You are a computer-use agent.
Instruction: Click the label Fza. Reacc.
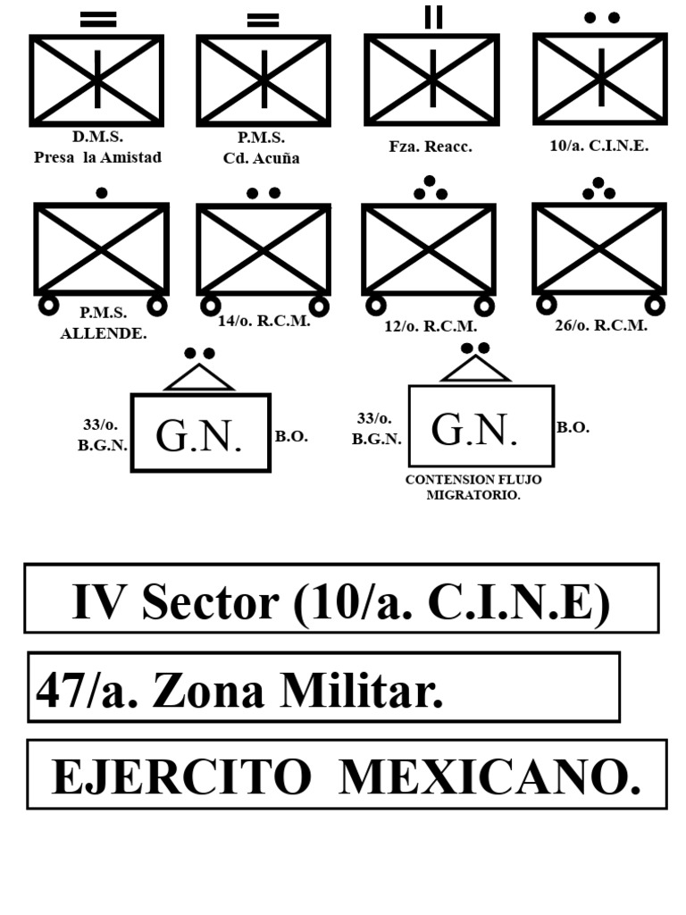[x=431, y=147]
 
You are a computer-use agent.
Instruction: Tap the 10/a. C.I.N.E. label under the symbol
[x=599, y=146]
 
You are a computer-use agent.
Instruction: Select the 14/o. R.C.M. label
[x=264, y=321]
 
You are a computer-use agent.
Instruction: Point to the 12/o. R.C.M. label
[x=431, y=326]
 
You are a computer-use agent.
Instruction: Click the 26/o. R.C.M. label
[x=601, y=325]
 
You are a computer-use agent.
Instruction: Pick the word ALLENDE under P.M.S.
[x=104, y=334]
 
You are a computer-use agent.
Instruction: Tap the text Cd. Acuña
[x=262, y=158]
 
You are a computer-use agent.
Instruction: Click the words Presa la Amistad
[x=97, y=157]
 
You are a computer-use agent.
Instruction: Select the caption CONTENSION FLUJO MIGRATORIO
[x=473, y=487]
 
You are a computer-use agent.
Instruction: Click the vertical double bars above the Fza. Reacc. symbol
[x=433, y=17]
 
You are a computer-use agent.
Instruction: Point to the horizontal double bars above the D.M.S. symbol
[x=98, y=20]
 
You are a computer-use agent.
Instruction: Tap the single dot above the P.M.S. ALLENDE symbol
[x=102, y=193]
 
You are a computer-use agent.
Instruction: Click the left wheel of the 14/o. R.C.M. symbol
[x=211, y=306]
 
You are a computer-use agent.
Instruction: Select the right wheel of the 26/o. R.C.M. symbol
[x=655, y=305]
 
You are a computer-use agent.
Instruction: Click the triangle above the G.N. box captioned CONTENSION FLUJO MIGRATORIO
[x=475, y=369]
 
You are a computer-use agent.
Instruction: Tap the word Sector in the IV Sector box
[x=210, y=601]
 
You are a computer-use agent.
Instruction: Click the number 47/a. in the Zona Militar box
[x=88, y=691]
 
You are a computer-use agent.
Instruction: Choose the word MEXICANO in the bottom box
[x=489, y=777]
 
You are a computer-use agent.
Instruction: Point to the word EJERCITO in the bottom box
[x=181, y=777]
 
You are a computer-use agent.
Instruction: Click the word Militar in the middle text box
[x=362, y=691]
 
